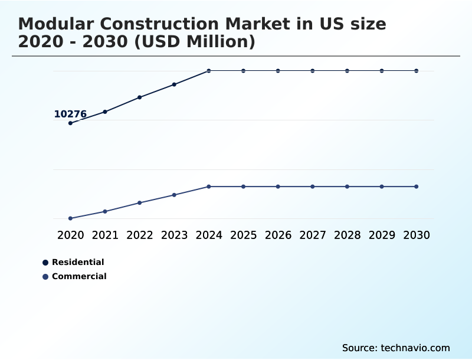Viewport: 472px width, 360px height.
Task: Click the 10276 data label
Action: coord(70,114)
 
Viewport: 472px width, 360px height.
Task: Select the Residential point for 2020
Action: coord(70,123)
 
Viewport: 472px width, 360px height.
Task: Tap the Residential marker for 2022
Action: coord(140,97)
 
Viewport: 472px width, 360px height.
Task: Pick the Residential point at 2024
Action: coord(209,71)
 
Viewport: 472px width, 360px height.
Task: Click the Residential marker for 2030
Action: coord(417,71)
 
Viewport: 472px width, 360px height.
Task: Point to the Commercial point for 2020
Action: coord(70,218)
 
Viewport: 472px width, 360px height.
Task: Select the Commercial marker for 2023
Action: coord(174,195)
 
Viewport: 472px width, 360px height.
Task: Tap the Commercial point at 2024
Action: coord(209,186)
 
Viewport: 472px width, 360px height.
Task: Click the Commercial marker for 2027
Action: coord(313,186)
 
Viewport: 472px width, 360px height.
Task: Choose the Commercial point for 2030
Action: coord(417,186)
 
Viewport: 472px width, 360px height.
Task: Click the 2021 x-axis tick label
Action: coord(105,235)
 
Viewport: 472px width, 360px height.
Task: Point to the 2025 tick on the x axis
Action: coord(243,235)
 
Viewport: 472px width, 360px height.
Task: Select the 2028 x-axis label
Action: coord(347,235)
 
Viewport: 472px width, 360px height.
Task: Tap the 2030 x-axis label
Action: coord(417,235)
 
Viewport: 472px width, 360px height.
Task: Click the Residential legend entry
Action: coord(77,262)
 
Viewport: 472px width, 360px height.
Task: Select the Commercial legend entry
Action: coord(78,276)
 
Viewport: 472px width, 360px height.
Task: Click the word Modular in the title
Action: coord(51,24)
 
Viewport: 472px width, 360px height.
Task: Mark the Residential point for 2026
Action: coord(278,71)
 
